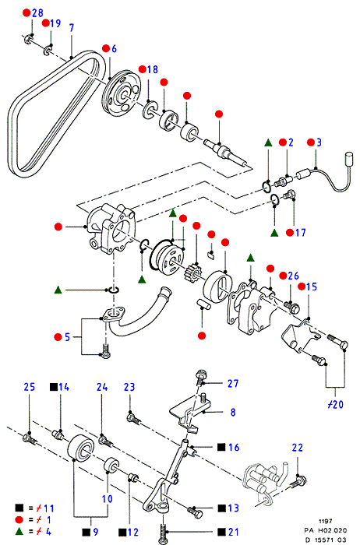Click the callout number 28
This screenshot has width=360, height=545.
37,13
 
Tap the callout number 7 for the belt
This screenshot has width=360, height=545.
72,28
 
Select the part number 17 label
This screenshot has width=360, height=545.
301,232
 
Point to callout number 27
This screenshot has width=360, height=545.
233,383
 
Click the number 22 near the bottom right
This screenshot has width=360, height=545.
298,448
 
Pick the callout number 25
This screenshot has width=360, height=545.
30,387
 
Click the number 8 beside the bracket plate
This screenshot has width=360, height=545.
233,412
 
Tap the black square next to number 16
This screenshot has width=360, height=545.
221,448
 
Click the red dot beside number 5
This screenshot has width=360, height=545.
58,337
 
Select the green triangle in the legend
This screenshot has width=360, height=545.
19,531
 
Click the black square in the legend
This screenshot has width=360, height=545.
19,508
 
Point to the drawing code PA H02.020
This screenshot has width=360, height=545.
326,530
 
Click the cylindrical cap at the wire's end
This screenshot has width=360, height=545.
348,158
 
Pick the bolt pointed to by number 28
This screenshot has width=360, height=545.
28,39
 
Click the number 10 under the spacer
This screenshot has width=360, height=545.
107,499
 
